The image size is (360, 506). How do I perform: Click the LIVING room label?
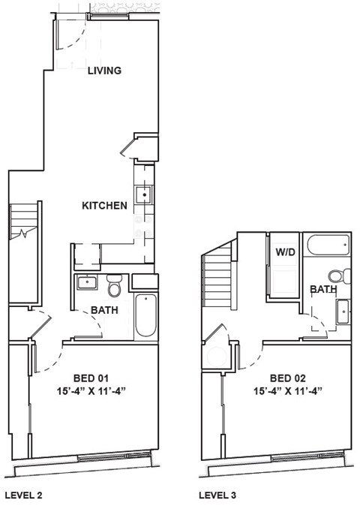coord(104,71)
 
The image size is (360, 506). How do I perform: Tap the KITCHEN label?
coord(104,206)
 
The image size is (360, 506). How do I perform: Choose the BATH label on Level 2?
coord(103,310)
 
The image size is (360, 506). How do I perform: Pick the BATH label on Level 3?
coord(323,289)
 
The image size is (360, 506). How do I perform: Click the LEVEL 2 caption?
coord(25,495)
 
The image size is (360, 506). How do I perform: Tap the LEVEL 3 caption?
coord(219,495)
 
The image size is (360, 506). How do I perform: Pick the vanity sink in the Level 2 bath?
coord(88,284)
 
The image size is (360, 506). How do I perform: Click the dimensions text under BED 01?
coord(92,390)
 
